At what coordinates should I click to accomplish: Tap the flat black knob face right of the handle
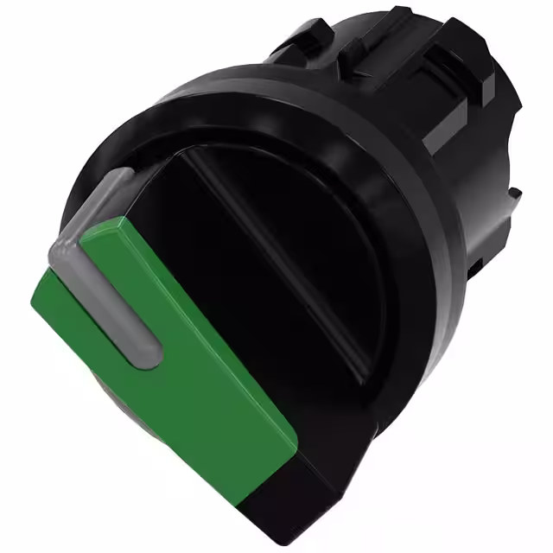coord(285,285)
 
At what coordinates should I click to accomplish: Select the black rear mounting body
coord(415,112)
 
